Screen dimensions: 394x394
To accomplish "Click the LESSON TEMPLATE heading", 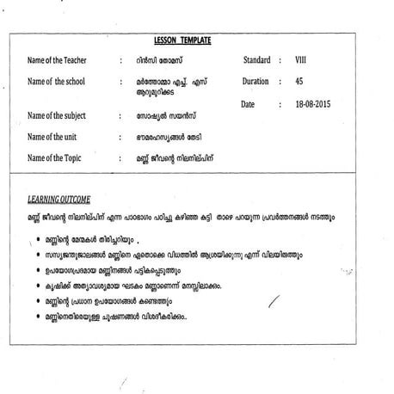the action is click(x=182, y=40).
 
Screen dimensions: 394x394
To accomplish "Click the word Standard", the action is click(x=257, y=60).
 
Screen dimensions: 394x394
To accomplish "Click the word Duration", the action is click(x=255, y=82).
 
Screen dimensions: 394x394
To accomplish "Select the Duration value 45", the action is click(x=299, y=82).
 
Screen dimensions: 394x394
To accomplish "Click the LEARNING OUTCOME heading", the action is click(x=59, y=199).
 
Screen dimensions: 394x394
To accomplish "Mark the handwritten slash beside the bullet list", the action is click(x=274, y=300).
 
